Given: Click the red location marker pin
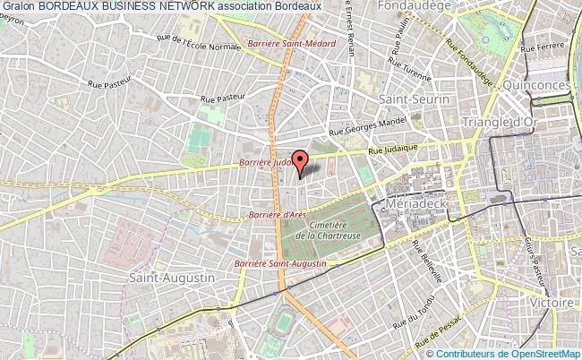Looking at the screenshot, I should click(301, 162).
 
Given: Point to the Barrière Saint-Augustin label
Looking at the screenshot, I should click(279, 263).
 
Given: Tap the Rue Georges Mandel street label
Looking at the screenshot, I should click(376, 124).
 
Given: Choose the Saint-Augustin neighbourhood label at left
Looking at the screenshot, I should click(172, 279).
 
